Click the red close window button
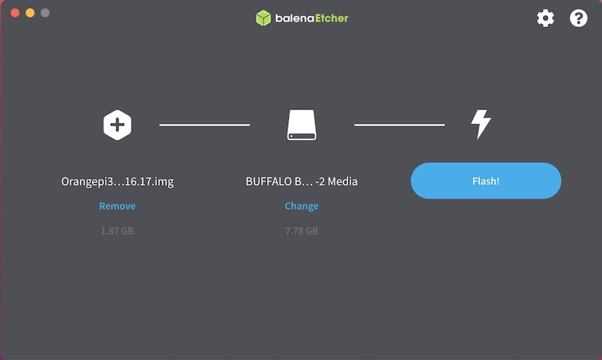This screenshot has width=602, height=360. [x=15, y=13]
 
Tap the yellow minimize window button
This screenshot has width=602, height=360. [x=30, y=13]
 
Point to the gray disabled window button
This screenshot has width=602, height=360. [x=45, y=13]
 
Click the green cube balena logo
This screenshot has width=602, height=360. [x=263, y=18]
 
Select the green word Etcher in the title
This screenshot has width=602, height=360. [x=332, y=18]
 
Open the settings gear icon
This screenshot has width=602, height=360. [x=545, y=18]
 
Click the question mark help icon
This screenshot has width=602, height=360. [x=578, y=18]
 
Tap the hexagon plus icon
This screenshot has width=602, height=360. [x=117, y=125]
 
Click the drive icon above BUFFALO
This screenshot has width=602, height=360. [x=302, y=125]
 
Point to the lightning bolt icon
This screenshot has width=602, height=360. [x=481, y=124]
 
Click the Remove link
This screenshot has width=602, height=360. [x=117, y=206]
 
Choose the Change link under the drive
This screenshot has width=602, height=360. [x=302, y=207]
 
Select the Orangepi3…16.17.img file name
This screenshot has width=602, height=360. [x=117, y=181]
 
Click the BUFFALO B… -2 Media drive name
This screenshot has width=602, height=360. [x=302, y=181]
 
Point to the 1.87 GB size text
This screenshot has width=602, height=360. [x=117, y=231]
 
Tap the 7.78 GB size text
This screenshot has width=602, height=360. [x=302, y=231]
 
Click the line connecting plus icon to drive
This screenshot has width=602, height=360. [x=204, y=125]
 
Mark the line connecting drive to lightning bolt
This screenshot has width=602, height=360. [x=399, y=125]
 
